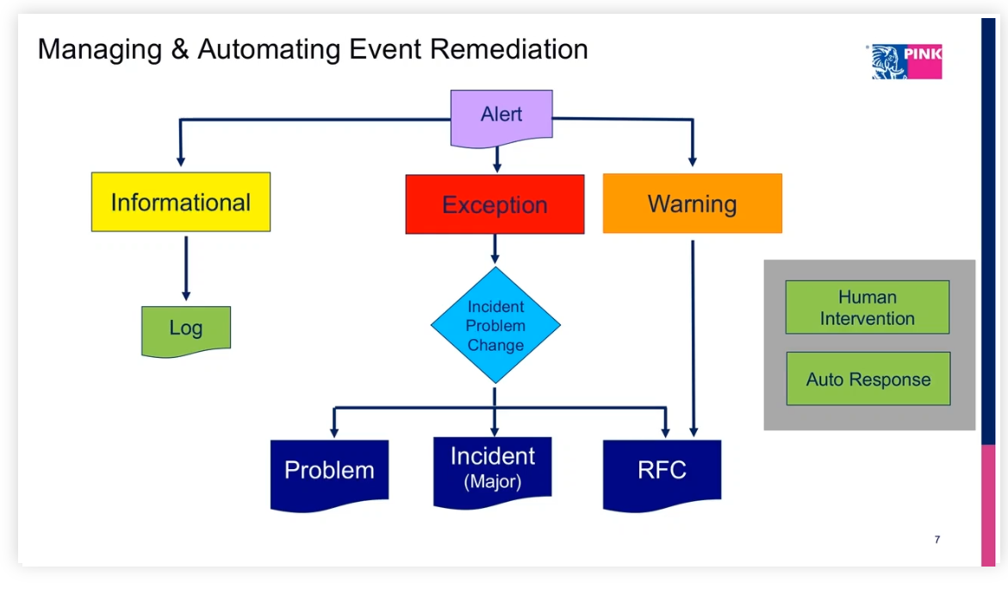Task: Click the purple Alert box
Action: [x=501, y=116]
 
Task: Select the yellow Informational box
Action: [x=181, y=203]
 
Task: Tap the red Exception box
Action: [x=495, y=204]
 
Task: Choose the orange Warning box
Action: [x=692, y=204]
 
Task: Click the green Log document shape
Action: [x=186, y=329]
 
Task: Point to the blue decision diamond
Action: [x=495, y=326]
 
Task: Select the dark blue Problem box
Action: [x=329, y=472]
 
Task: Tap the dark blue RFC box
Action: [x=662, y=471]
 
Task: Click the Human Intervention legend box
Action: [x=867, y=308]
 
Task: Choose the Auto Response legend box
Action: [x=868, y=379]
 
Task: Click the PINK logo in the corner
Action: [x=907, y=61]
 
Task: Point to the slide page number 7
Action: [x=937, y=540]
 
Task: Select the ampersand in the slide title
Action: [x=179, y=49]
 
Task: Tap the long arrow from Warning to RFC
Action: [x=693, y=336]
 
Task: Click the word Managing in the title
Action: [x=99, y=50]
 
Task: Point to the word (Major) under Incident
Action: [x=493, y=482]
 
